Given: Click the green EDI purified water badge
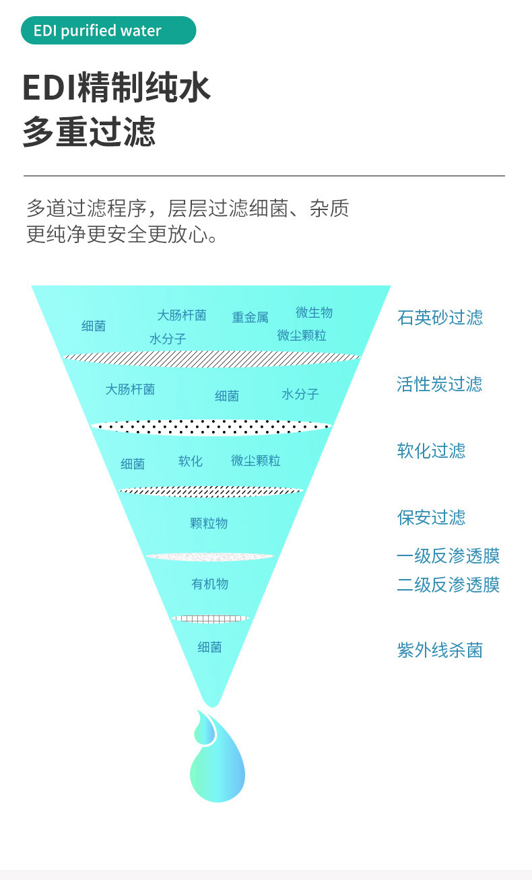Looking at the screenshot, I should point(108,31).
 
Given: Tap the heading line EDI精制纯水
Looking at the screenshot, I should point(117,89).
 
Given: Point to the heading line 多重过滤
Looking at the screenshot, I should point(89,132).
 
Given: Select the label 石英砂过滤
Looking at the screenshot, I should point(440,318).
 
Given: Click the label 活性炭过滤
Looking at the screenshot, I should point(439,384).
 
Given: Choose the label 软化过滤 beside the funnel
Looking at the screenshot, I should point(431,451).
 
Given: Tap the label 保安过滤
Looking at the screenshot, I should point(431,518).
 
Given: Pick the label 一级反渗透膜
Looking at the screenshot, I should point(448,557).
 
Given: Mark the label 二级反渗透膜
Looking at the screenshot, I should point(448,585).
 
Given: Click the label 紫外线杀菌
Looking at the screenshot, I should point(440,651).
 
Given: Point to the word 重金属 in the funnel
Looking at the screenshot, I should point(251,318).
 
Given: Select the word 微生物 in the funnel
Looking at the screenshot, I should point(314,312).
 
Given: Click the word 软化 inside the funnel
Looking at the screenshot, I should point(190,461).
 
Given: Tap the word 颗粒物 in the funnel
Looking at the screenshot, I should point(209,523).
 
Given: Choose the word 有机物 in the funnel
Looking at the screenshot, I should point(209,584).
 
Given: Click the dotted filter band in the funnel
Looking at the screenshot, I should point(211,426).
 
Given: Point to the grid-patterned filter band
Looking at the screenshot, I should point(210,619).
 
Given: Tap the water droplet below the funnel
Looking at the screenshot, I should point(215,757).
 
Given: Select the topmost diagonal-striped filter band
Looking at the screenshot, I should point(211,359).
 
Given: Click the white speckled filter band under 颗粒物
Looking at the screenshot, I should point(210,557).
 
